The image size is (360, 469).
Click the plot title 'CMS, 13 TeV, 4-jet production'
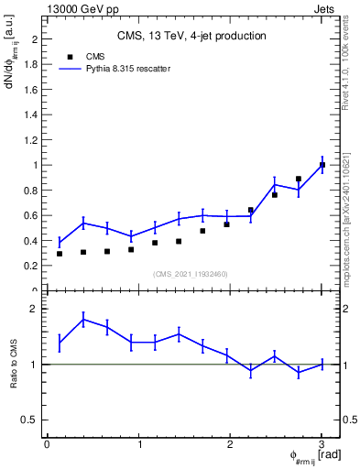click(191, 37)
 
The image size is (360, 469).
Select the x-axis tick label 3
click(322, 444)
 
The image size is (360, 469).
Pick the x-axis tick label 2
click(230, 444)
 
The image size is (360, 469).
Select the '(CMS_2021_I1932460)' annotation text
click(191, 274)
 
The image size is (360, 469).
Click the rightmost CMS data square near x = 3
click(322, 165)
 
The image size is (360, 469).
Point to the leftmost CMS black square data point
click(60, 253)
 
